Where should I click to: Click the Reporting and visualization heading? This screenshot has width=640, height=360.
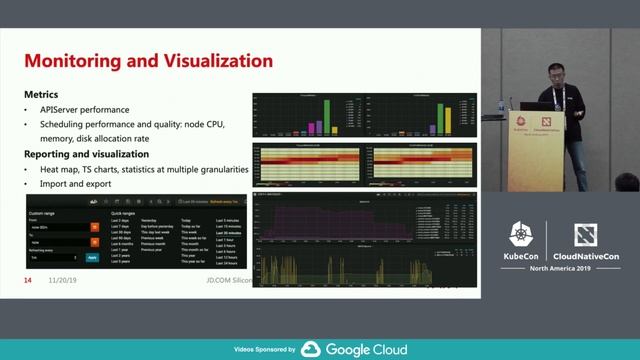pos(86,154)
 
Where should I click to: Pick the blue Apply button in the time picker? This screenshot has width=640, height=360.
pos(93,257)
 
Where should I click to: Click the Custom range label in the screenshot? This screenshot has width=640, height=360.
pos(43,213)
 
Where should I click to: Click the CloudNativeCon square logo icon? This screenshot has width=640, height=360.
pos(586,236)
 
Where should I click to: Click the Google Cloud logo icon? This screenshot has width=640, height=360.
pos(311,349)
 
